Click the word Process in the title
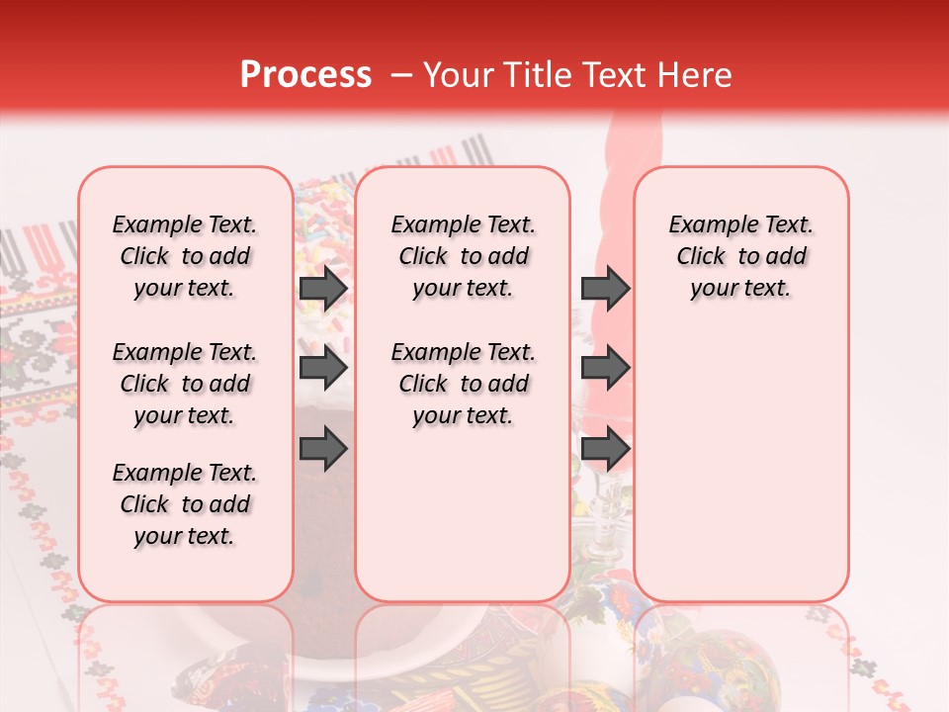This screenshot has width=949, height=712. [305, 75]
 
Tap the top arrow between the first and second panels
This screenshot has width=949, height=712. [323, 288]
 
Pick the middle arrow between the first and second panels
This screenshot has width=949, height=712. [323, 368]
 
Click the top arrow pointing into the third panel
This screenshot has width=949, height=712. [605, 288]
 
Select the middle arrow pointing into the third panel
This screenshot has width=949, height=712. [605, 368]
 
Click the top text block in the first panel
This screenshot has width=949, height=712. [185, 256]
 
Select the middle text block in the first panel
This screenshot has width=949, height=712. [185, 384]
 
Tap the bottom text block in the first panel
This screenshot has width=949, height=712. [185, 504]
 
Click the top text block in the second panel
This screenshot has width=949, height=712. [463, 256]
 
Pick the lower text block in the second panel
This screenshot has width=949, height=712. [463, 384]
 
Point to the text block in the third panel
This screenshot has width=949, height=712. [740, 256]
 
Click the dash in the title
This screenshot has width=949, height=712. [401, 76]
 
